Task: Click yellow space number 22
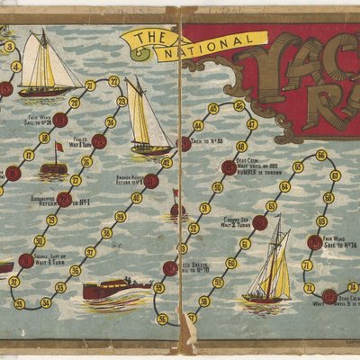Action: (x=114, y=80)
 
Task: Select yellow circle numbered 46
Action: (x=238, y=106)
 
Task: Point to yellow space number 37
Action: (x=91, y=251)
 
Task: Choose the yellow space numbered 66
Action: (x=321, y=156)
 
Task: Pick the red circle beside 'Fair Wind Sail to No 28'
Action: (x=60, y=119)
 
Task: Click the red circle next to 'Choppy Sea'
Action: (x=260, y=222)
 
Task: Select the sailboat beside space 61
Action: (x=270, y=265)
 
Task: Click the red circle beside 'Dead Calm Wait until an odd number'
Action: (x=229, y=167)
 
